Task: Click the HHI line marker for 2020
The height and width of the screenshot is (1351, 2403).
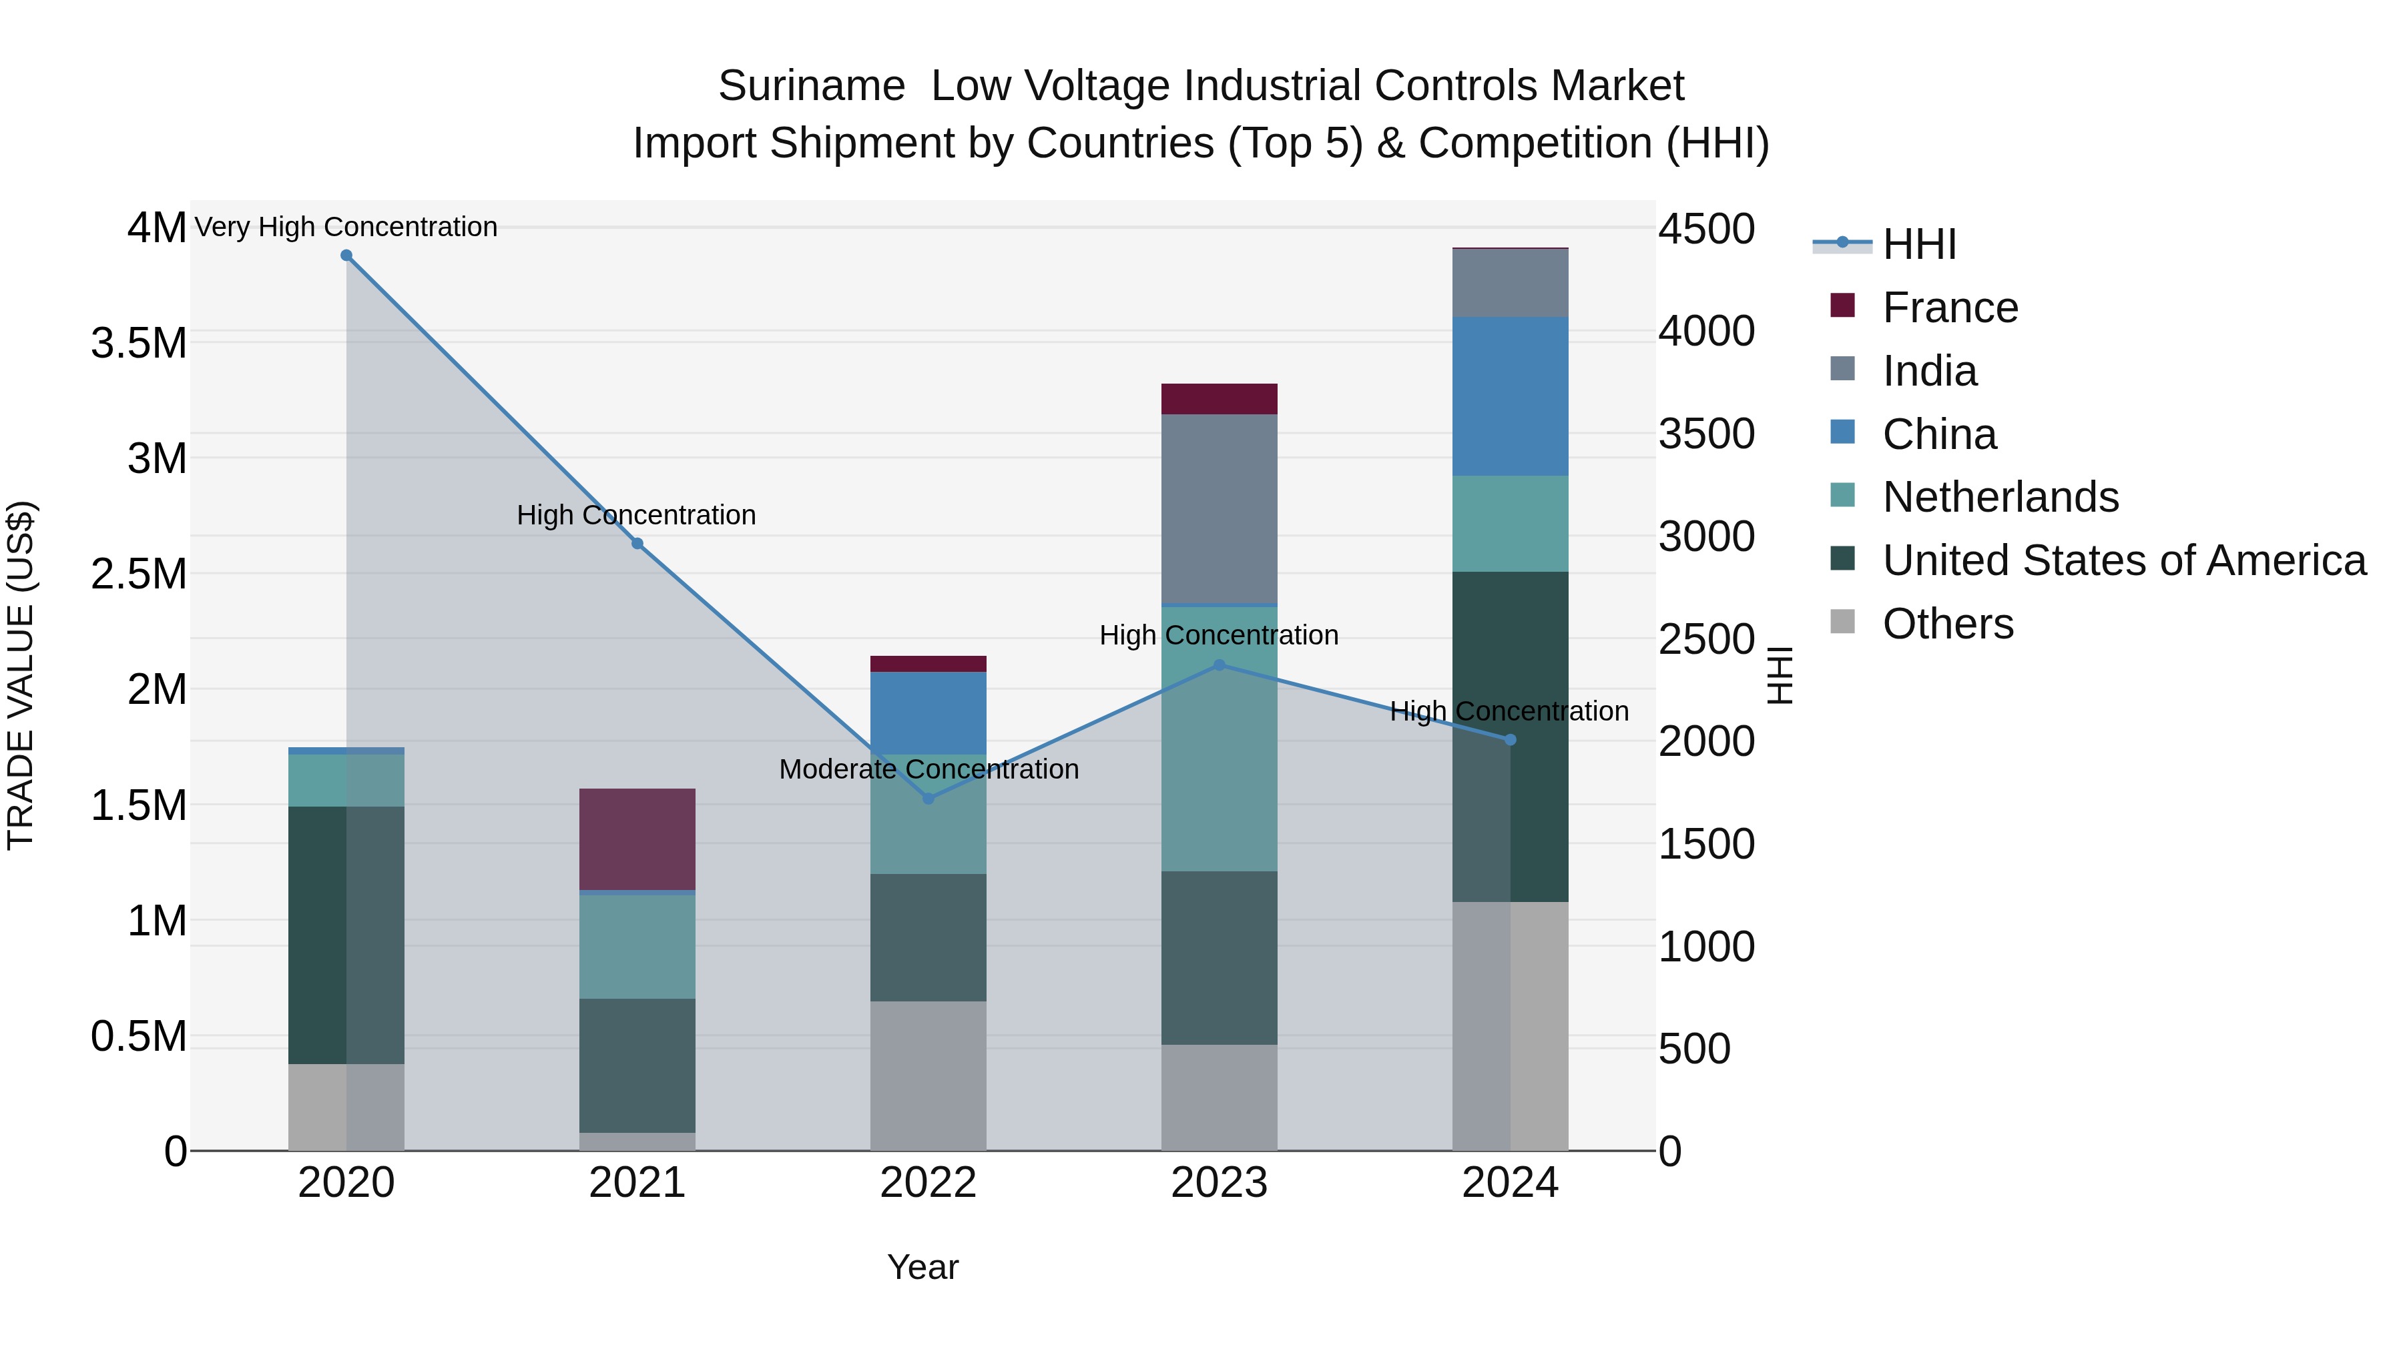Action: pyautogui.click(x=346, y=256)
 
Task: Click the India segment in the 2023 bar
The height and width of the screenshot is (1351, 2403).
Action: pyautogui.click(x=1220, y=508)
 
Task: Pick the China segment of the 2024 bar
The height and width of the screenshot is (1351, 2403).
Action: pyautogui.click(x=1511, y=396)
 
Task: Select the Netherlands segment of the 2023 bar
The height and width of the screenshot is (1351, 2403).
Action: pyautogui.click(x=1220, y=739)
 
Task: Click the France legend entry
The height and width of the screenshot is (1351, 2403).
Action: pyautogui.click(x=1950, y=308)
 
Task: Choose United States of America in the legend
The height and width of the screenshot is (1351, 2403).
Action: pyautogui.click(x=2123, y=560)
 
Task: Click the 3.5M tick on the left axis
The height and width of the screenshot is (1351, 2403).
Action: pyautogui.click(x=139, y=343)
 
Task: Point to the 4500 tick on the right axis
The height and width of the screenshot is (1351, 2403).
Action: pyautogui.click(x=1706, y=230)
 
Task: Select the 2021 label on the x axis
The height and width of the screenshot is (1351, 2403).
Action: pyautogui.click(x=637, y=1183)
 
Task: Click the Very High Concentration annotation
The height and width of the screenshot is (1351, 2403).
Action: pyautogui.click(x=346, y=227)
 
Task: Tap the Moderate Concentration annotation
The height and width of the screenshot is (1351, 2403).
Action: pyautogui.click(x=928, y=769)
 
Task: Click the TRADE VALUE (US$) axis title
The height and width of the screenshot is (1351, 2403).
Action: pyautogui.click(x=21, y=675)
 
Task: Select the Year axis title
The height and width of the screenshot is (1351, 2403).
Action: pyautogui.click(x=922, y=1267)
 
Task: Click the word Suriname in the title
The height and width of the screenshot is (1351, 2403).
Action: pyautogui.click(x=810, y=86)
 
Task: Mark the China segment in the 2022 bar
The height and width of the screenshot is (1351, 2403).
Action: pyautogui.click(x=928, y=713)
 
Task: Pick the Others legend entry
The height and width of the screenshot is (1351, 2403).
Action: pyautogui.click(x=1947, y=624)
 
